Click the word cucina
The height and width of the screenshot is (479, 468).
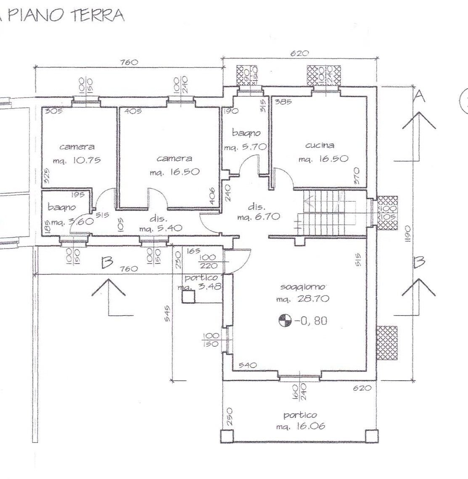click(x=320, y=145)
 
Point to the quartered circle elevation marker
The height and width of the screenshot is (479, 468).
click(x=285, y=321)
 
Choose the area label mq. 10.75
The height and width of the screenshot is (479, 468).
click(x=77, y=161)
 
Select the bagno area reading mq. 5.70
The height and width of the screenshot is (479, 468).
click(x=245, y=147)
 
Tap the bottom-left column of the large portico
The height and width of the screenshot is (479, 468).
click(x=226, y=436)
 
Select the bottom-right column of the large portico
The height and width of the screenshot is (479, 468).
click(x=370, y=436)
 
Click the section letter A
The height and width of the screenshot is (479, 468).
click(x=419, y=97)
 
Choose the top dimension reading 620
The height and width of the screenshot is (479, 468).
click(x=299, y=53)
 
